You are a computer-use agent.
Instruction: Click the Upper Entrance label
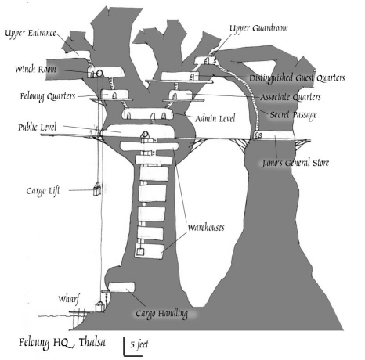click(31, 34)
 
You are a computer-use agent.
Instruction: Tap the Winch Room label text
click(35, 69)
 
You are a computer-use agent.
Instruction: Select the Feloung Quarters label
click(48, 96)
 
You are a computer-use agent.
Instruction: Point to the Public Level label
click(37, 128)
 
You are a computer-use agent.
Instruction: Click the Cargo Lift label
click(43, 191)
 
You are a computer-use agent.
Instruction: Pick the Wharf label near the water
click(69, 299)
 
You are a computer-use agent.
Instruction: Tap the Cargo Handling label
click(161, 314)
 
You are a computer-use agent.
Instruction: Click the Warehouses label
click(206, 228)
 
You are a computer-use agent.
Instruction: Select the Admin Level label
click(215, 118)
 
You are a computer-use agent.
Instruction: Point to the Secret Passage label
click(294, 115)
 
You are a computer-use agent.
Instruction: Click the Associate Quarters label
click(291, 97)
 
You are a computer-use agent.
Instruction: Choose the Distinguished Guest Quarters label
click(297, 78)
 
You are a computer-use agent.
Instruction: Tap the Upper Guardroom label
click(258, 28)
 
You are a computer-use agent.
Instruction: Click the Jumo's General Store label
click(295, 163)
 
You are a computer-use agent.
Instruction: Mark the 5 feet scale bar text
click(139, 344)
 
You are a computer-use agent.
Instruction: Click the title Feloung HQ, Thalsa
click(62, 343)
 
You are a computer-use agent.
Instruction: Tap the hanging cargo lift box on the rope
click(97, 189)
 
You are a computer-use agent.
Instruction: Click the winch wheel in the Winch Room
click(99, 74)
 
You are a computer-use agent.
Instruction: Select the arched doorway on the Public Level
click(145, 135)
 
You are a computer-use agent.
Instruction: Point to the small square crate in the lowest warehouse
click(140, 252)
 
